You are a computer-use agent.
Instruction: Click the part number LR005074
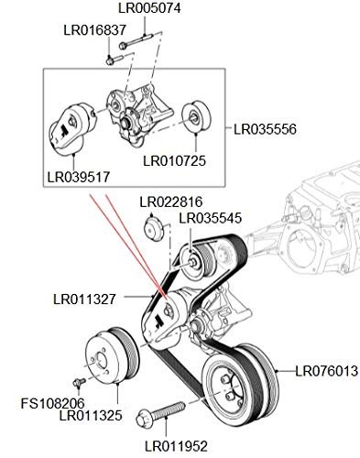tap(149, 8)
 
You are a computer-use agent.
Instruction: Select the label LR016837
tap(94, 30)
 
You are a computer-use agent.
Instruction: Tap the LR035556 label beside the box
tap(265, 129)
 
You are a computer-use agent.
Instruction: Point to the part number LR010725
tap(175, 161)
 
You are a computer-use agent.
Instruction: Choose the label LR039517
tap(79, 177)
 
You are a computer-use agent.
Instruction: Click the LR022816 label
tap(171, 202)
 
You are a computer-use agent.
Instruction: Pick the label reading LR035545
tap(211, 218)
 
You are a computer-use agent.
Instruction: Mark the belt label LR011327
tap(84, 300)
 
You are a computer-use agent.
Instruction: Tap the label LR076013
tap(326, 371)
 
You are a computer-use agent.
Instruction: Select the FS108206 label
tap(52, 403)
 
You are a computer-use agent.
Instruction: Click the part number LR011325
tap(91, 416)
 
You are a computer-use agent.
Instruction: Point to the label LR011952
tap(176, 446)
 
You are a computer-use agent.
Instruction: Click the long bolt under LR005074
tap(136, 41)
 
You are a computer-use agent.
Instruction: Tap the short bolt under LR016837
tap(115, 60)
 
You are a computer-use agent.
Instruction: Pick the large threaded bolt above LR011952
tap(160, 414)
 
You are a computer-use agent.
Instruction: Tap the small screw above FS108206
tap(79, 382)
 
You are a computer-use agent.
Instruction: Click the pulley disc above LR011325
tap(112, 355)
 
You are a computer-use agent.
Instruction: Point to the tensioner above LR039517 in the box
tap(72, 128)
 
